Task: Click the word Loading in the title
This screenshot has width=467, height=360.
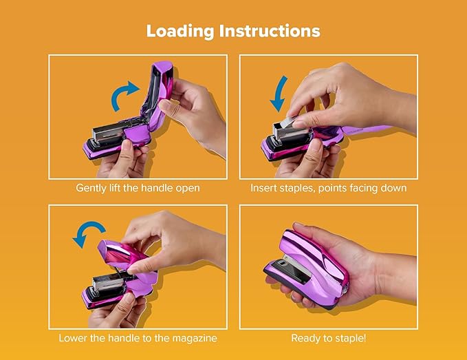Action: [180, 31]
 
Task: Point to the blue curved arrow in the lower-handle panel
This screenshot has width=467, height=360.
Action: [87, 235]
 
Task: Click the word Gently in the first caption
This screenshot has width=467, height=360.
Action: [92, 188]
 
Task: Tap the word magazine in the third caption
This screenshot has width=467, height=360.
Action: [197, 338]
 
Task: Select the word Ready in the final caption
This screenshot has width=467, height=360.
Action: [306, 338]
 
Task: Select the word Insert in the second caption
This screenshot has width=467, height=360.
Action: [264, 188]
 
